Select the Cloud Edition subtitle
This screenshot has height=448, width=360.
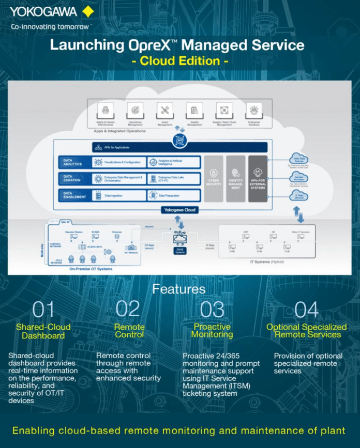point(179,61)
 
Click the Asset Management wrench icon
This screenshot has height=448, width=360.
point(165,110)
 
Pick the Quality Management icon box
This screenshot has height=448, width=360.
point(194,110)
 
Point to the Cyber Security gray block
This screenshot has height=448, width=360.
point(214,178)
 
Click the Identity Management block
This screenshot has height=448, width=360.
point(235,178)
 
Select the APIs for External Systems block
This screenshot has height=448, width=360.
point(258,178)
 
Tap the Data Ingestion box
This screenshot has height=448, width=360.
point(119,195)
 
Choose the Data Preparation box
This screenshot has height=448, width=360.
point(173,195)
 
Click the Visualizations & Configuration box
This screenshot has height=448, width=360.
point(119,162)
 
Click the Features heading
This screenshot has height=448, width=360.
point(178,289)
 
